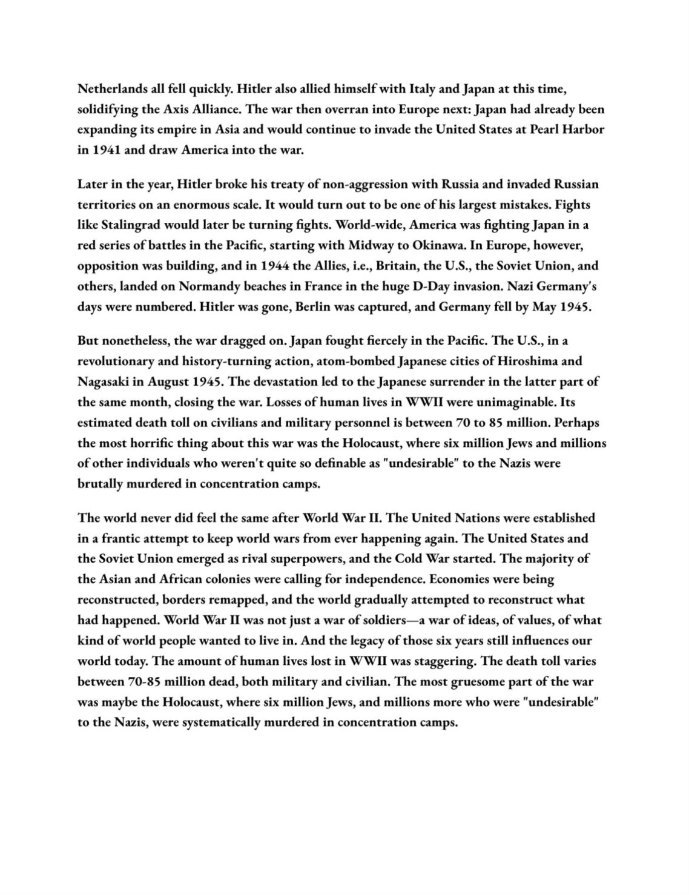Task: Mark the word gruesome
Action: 480,681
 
